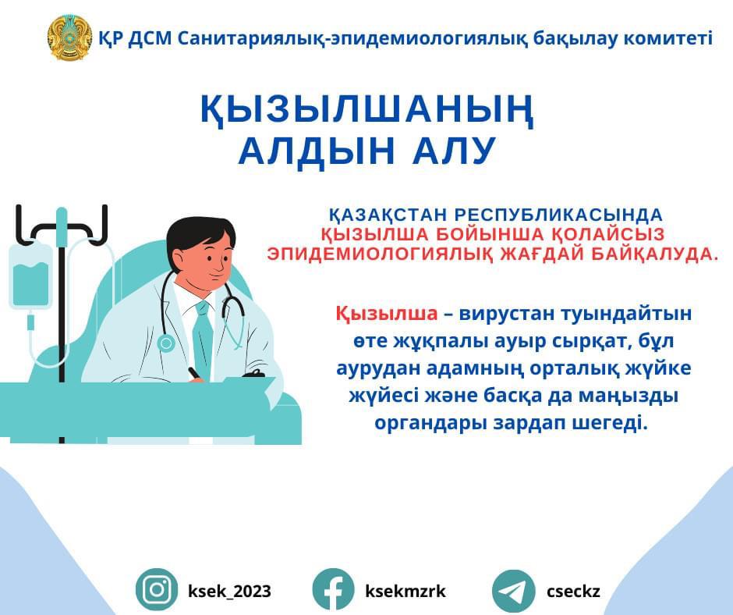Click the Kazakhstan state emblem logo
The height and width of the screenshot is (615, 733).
click(x=69, y=37)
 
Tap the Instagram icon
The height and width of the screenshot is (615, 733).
click(x=157, y=590)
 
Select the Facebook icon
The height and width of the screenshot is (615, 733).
click(x=333, y=590)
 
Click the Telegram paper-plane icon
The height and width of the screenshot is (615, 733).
click(x=513, y=591)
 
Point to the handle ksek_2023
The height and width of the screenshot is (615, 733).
click(x=229, y=591)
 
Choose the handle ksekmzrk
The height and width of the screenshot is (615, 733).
click(x=405, y=591)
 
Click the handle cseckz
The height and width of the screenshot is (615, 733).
click(x=573, y=592)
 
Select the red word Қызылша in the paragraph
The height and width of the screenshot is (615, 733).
click(x=387, y=314)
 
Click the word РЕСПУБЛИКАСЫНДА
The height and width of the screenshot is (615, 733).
click(x=559, y=215)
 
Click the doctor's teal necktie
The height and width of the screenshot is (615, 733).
click(x=204, y=339)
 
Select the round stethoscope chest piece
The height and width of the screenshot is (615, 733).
click(x=166, y=343)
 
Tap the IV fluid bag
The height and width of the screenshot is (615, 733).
click(x=30, y=276)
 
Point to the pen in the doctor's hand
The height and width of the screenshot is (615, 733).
click(x=194, y=374)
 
